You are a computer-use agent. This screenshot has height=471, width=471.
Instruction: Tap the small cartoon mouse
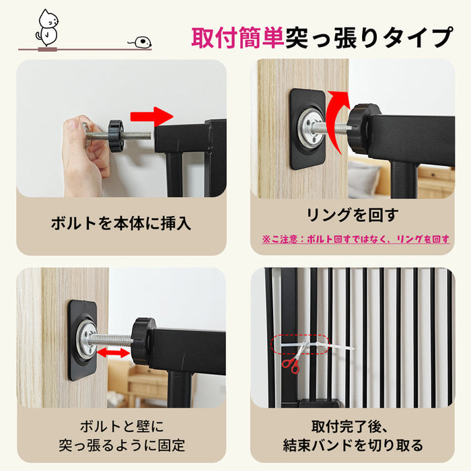click(x=141, y=42)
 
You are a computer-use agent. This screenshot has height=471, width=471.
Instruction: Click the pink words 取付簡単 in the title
click(x=238, y=38)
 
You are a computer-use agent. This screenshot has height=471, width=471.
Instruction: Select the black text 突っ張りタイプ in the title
click(x=369, y=38)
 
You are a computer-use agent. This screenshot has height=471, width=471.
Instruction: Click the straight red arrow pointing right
click(x=151, y=116)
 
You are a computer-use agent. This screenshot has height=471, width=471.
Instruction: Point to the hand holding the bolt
click(x=85, y=156)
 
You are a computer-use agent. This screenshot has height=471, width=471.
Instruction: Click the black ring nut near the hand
click(x=116, y=136)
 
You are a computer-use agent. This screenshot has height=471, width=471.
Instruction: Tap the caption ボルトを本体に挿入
click(x=120, y=223)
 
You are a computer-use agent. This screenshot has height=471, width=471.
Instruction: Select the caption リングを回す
click(x=353, y=215)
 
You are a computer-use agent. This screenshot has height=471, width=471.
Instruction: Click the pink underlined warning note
click(x=356, y=240)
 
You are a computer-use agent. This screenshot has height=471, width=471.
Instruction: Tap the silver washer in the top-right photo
click(x=311, y=128)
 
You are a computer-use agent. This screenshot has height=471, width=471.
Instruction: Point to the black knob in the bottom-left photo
click(x=143, y=341)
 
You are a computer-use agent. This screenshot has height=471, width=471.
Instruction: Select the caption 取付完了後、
click(x=351, y=427)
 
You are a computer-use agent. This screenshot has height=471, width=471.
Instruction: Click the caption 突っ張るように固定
click(x=122, y=445)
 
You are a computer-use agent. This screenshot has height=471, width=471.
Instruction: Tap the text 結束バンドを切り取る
click(x=353, y=445)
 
